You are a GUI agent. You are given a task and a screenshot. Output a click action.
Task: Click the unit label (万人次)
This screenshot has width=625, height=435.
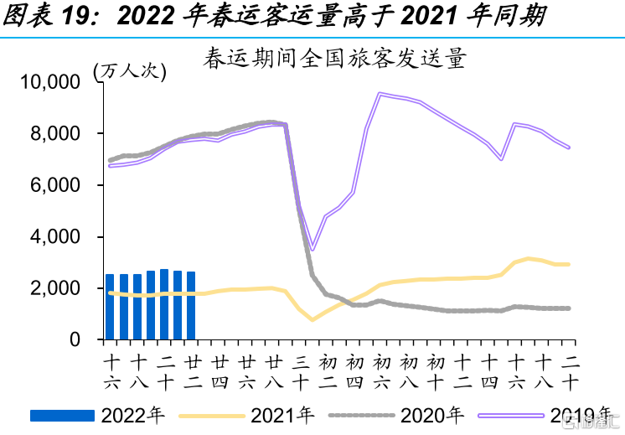tap(130, 70)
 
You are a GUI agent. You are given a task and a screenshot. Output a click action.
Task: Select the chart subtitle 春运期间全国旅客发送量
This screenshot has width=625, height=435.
tap(333, 60)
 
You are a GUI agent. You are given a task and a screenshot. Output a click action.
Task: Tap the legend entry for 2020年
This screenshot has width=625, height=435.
tap(394, 414)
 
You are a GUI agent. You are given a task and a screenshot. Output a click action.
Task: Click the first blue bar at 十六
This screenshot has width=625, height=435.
tap(110, 307)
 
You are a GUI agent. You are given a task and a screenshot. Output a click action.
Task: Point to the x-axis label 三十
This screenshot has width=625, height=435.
tap(300, 372)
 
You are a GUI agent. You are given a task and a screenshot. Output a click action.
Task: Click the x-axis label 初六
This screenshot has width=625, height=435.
tap(380, 372)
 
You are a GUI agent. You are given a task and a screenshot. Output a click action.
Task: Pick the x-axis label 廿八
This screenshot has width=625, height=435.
tap(273, 372)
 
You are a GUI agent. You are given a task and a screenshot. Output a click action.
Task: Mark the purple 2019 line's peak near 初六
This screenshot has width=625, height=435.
tap(380, 94)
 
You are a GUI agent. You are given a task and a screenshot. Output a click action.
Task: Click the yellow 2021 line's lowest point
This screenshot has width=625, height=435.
tap(312, 319)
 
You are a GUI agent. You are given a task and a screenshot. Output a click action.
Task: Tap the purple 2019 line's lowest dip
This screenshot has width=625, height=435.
tap(312, 249)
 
